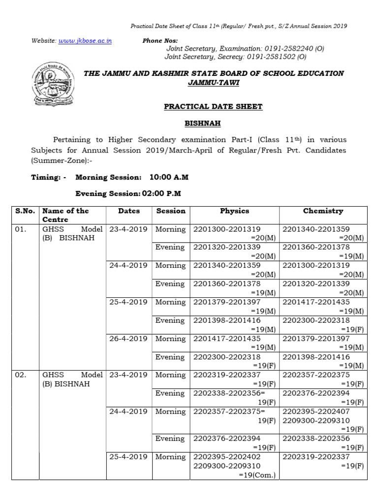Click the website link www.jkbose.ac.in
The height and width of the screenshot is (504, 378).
(x=85, y=41)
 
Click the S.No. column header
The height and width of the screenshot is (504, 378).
(x=25, y=211)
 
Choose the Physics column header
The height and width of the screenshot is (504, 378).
(x=234, y=211)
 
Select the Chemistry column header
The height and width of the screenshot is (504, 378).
(x=323, y=211)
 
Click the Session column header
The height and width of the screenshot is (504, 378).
(x=170, y=211)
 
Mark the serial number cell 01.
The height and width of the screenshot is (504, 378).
(x=20, y=229)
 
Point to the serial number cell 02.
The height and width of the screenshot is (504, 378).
(x=20, y=375)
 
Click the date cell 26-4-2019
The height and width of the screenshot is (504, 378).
(x=128, y=339)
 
